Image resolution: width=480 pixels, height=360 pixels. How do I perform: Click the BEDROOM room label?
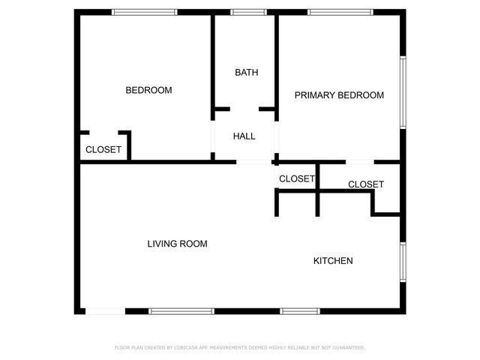click(x=148, y=90)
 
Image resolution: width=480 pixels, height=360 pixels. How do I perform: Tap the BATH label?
click(x=246, y=73)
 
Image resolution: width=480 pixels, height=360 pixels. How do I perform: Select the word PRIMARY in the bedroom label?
click(x=315, y=95)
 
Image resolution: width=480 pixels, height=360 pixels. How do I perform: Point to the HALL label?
click(x=244, y=136)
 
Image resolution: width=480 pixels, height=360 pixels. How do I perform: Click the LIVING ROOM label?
click(x=177, y=244)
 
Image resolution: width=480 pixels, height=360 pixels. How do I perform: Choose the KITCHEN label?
click(x=332, y=261)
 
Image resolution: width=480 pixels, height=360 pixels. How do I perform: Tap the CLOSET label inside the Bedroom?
click(x=103, y=150)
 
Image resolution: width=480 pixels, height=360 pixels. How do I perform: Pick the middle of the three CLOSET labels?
click(x=297, y=178)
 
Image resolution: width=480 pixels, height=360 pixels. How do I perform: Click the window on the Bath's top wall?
click(x=247, y=12)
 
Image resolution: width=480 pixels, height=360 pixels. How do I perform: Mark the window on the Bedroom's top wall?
click(x=144, y=12)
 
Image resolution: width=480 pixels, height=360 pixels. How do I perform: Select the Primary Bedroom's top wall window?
click(x=340, y=12)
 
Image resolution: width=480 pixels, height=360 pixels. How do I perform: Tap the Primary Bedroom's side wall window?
click(x=403, y=91)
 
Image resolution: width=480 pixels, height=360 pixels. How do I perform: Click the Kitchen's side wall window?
click(x=403, y=262)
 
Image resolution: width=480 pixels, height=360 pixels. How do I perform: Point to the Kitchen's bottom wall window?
click(x=300, y=310)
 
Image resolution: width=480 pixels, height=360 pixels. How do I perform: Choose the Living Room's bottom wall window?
click(x=181, y=310)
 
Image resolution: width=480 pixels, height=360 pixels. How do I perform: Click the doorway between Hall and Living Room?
click(x=254, y=161)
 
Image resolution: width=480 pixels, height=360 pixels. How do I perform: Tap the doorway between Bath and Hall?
click(x=244, y=109)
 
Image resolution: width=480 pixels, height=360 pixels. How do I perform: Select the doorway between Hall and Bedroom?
click(x=213, y=136)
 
